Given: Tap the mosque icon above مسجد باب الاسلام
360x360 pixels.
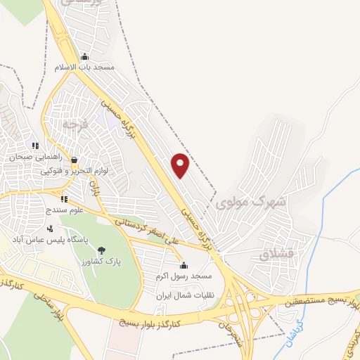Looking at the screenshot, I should [85, 56].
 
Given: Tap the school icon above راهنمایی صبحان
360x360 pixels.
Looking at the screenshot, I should [35, 146].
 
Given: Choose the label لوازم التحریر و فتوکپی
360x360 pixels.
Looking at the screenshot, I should [72, 170].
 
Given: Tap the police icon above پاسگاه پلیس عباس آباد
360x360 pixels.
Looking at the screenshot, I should [49, 229].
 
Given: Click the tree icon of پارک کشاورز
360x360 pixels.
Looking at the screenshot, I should [101, 250].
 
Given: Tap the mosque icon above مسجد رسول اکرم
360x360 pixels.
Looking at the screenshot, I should [184, 265].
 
